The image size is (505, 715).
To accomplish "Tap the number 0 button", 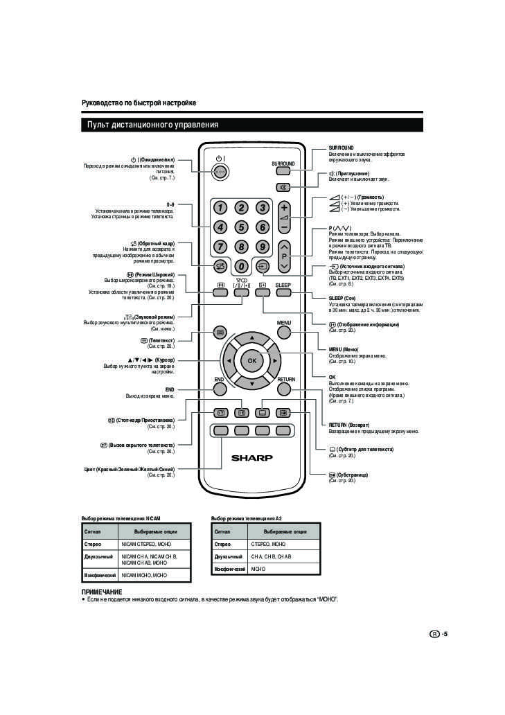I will [x=241, y=265].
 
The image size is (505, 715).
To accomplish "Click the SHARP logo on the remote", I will [x=251, y=457].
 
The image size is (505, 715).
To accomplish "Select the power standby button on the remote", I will [x=220, y=172].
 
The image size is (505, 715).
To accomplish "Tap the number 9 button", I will [x=262, y=246].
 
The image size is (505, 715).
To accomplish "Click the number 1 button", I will [x=220, y=208].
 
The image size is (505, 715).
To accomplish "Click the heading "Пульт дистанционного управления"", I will [x=152, y=125].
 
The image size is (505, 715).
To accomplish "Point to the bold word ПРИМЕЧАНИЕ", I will [x=102, y=592].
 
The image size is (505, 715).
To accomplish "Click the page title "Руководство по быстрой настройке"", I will [x=139, y=103].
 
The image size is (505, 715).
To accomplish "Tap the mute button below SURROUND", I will [x=283, y=188].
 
